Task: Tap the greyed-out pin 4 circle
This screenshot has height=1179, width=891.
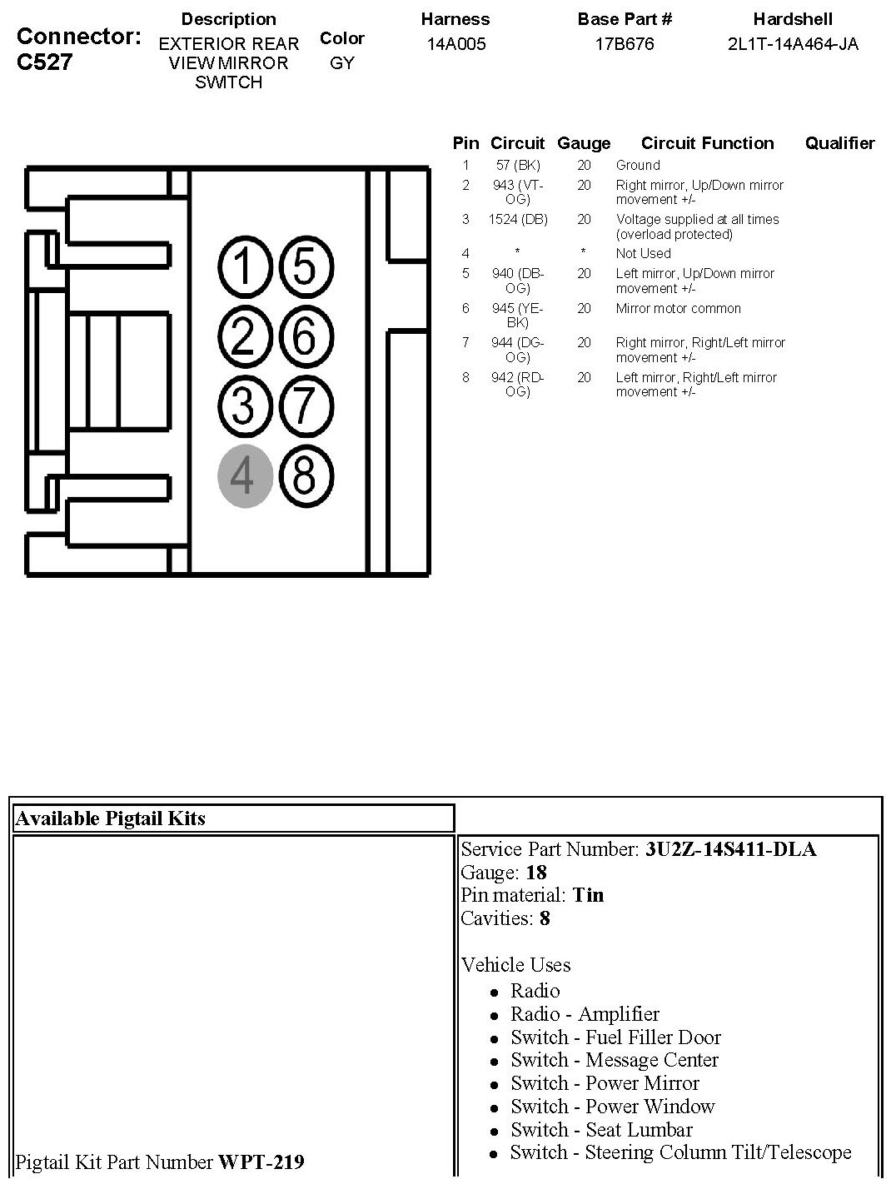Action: [245, 476]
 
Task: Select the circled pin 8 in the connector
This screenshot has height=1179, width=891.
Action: [305, 476]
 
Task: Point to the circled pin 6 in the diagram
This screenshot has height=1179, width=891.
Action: [305, 337]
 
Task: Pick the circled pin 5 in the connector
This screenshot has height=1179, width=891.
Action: [305, 268]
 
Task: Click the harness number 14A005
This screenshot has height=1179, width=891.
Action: [455, 44]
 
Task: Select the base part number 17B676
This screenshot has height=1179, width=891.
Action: [625, 44]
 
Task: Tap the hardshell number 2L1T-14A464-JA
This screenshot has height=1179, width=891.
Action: [793, 44]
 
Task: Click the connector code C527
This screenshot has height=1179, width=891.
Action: [45, 62]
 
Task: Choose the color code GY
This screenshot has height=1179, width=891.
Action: [342, 63]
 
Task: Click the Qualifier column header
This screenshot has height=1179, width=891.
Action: [839, 143]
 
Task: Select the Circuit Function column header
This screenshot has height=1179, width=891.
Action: [707, 143]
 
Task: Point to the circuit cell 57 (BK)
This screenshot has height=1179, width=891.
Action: [518, 166]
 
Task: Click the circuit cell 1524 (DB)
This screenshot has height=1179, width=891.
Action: [518, 220]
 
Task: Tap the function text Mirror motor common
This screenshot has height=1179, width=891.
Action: [678, 309]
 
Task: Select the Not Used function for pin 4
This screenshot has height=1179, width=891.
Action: [643, 254]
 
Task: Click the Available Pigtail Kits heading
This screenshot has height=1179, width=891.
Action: [110, 818]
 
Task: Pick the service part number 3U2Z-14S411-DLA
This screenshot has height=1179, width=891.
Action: [730, 849]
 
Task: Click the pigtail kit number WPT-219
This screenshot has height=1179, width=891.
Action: [261, 1162]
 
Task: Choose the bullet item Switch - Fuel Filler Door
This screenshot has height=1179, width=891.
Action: [615, 1037]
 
